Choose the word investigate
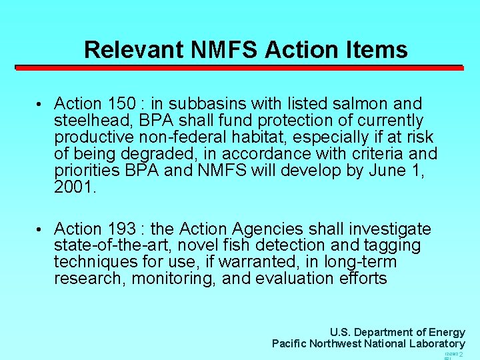pos(387,229)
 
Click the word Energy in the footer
pos(447,332)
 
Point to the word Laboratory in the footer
pos(435,344)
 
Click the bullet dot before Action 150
pos(40,105)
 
